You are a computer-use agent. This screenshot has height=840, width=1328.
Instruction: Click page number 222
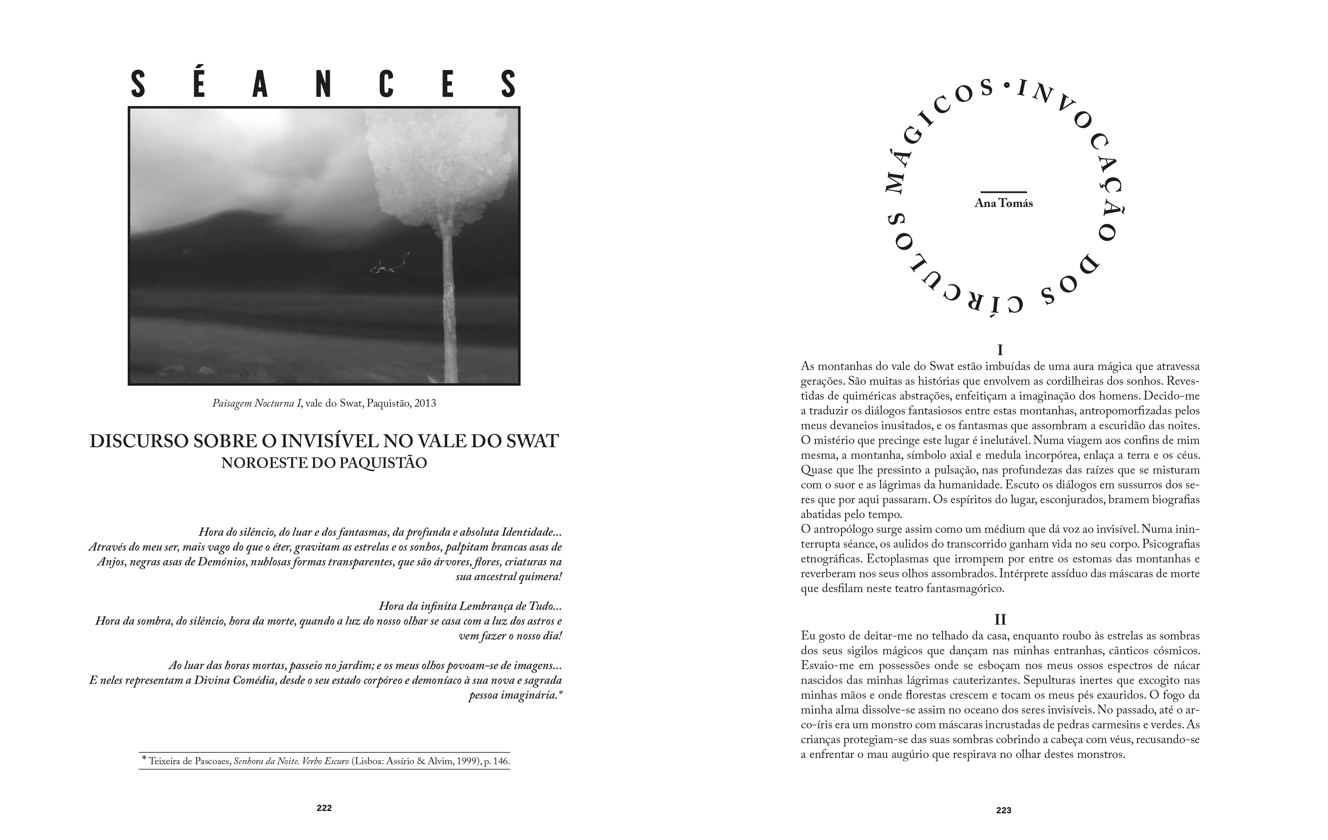coord(324,808)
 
